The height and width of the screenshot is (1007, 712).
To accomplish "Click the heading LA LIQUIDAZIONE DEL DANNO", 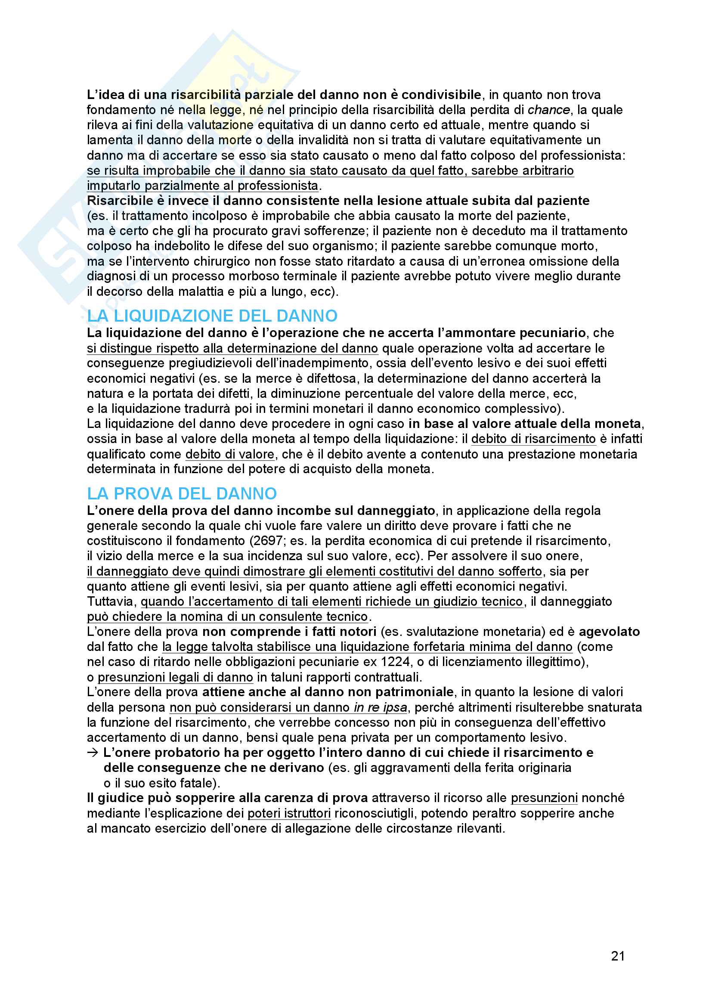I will [212, 316].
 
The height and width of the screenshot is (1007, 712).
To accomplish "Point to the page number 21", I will [618, 956].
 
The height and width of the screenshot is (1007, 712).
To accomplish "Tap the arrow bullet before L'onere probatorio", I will [93, 753].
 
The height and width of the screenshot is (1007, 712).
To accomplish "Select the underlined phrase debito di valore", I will [230, 454].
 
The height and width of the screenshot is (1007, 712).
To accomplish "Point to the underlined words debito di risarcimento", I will [533, 439].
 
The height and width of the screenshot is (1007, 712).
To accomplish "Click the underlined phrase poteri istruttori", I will [289, 813].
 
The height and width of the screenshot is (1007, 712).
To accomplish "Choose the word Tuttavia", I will [111, 601].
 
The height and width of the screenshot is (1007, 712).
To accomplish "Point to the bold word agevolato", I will [609, 632].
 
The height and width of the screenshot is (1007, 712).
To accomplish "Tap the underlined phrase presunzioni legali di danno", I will [175, 677].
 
